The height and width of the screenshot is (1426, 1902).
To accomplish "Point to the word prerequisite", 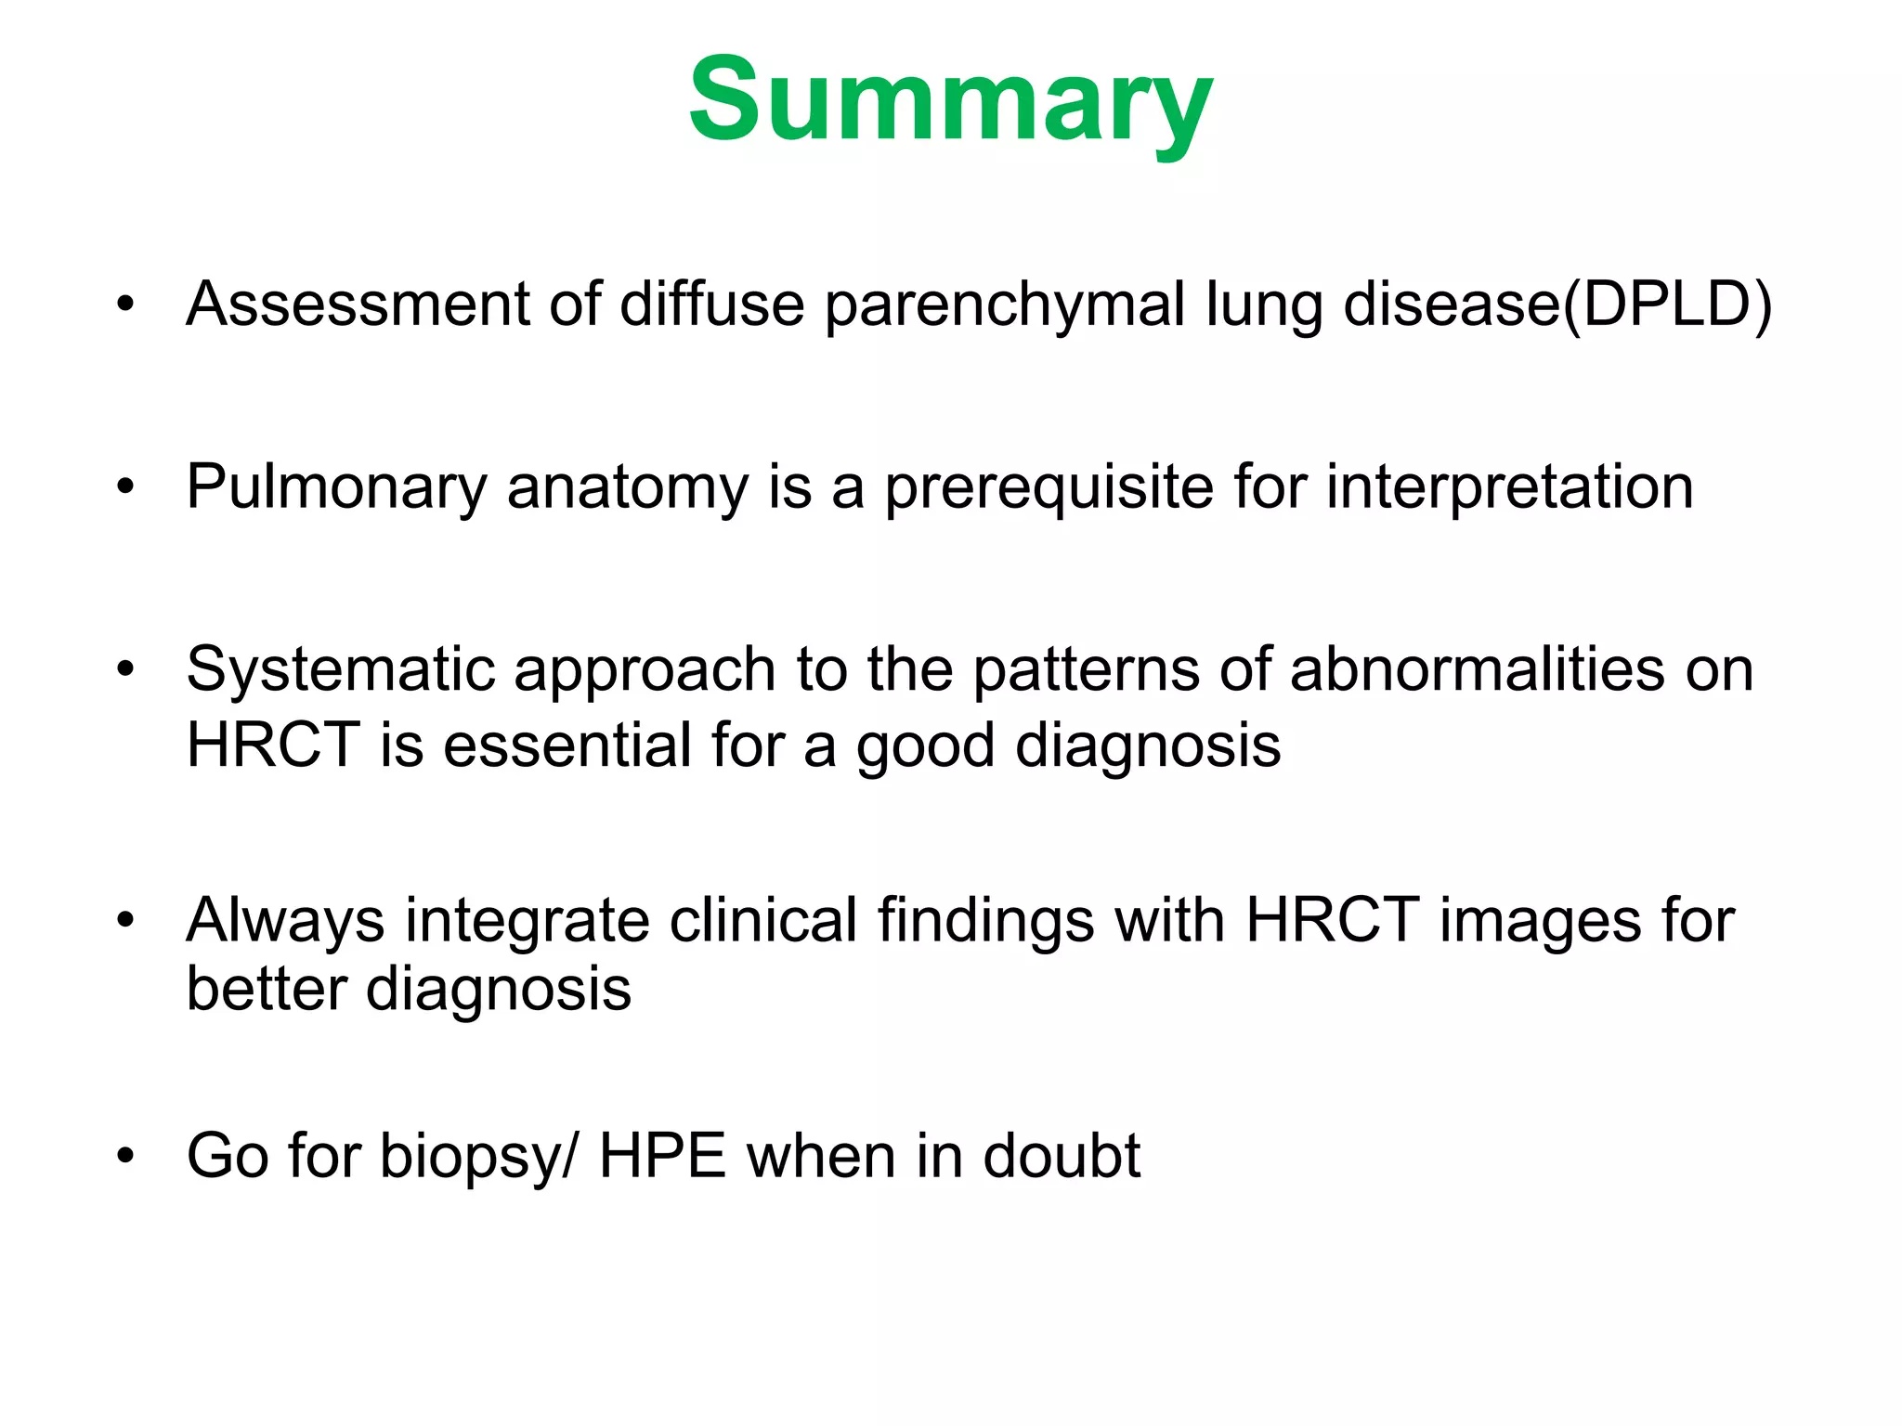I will point(1049,487).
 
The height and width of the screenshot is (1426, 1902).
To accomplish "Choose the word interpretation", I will point(1509,487).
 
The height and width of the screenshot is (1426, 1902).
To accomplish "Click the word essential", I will point(567,745).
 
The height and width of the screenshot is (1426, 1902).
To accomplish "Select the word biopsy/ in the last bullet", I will point(477,1157).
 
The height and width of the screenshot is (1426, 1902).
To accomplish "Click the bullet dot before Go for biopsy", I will point(126,1157).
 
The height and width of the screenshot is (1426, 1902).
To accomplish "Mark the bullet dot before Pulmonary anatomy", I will point(126,487).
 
